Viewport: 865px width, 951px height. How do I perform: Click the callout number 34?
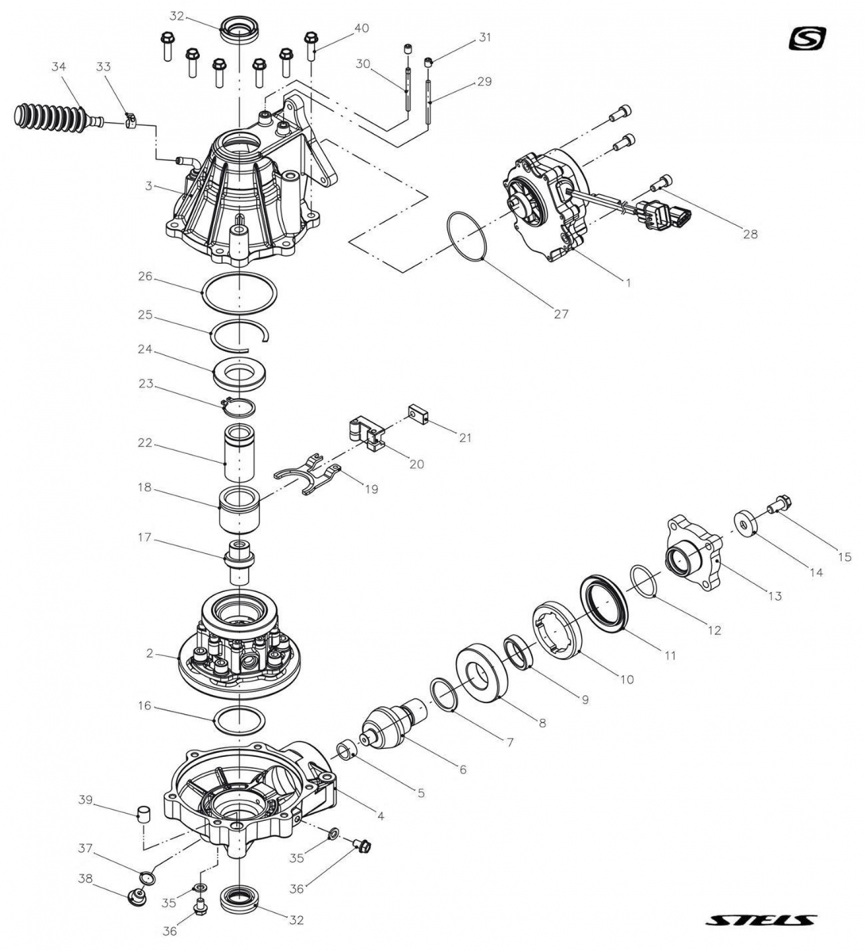(58, 67)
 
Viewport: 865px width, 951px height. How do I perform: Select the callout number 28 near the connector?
(750, 234)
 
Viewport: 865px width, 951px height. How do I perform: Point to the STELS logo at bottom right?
(760, 921)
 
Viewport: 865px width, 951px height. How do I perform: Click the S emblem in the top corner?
(808, 38)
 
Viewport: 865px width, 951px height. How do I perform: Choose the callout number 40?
(362, 29)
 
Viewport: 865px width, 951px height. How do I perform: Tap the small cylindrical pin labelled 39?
(144, 813)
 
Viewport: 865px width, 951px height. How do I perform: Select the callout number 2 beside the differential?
(148, 654)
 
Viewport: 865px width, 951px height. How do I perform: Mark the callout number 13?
(775, 595)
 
